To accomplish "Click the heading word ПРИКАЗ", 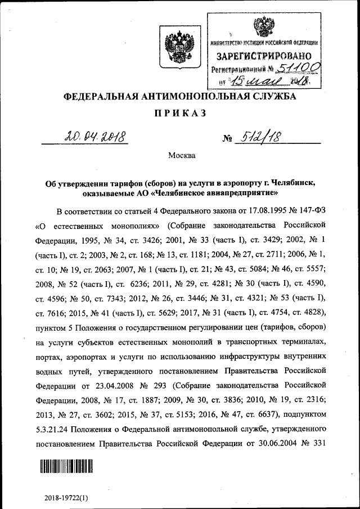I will point(180,113).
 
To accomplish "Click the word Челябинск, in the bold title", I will point(296,183).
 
